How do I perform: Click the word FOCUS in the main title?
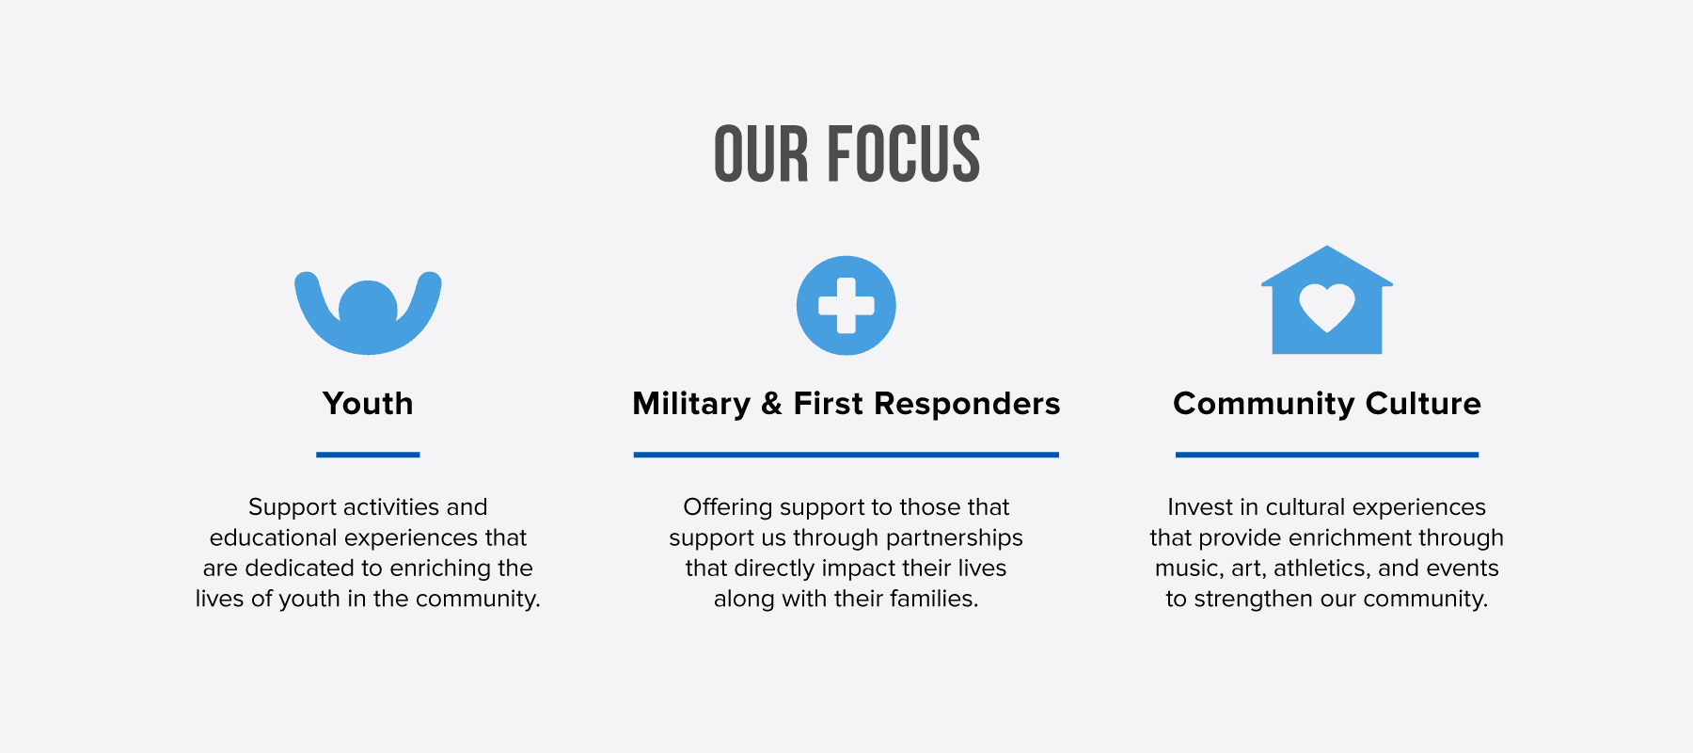(x=904, y=153)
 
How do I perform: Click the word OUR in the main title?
(x=761, y=153)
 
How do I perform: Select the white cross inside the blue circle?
(x=846, y=306)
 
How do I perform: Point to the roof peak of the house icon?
(x=1327, y=247)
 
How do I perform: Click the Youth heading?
(x=368, y=404)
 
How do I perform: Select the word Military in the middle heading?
(x=691, y=405)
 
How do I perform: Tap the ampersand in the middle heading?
(x=772, y=405)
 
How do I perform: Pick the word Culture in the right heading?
(x=1423, y=404)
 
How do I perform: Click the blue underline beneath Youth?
(x=368, y=455)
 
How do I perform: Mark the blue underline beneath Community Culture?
(x=1327, y=455)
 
